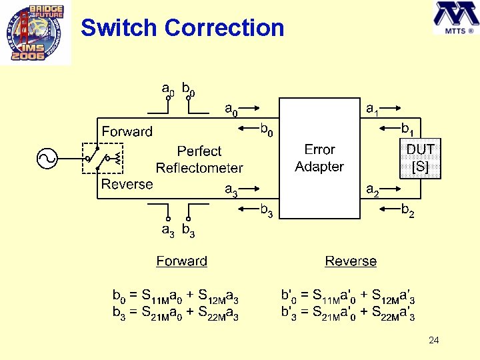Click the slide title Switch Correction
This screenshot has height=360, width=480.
[x=182, y=28]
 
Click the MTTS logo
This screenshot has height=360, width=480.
[x=454, y=19]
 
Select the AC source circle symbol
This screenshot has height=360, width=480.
[x=48, y=158]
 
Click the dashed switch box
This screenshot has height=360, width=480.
[x=102, y=159]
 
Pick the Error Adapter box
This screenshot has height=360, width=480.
[x=319, y=158]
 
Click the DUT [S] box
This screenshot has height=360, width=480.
[x=420, y=159]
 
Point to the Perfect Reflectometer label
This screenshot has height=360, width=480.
[x=199, y=159]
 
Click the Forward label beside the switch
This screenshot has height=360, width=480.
[x=127, y=131]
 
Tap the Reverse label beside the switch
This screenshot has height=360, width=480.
[x=127, y=184]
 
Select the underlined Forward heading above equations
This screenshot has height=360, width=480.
[x=181, y=261]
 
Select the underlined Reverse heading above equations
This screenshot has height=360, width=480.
[x=351, y=261]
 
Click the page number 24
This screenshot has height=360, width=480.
[x=433, y=341]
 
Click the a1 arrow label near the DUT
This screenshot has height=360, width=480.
[x=373, y=109]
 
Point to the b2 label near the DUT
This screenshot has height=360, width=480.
[x=407, y=212]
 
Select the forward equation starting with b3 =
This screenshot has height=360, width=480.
[x=175, y=312]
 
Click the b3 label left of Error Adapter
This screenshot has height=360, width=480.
[x=266, y=212]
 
